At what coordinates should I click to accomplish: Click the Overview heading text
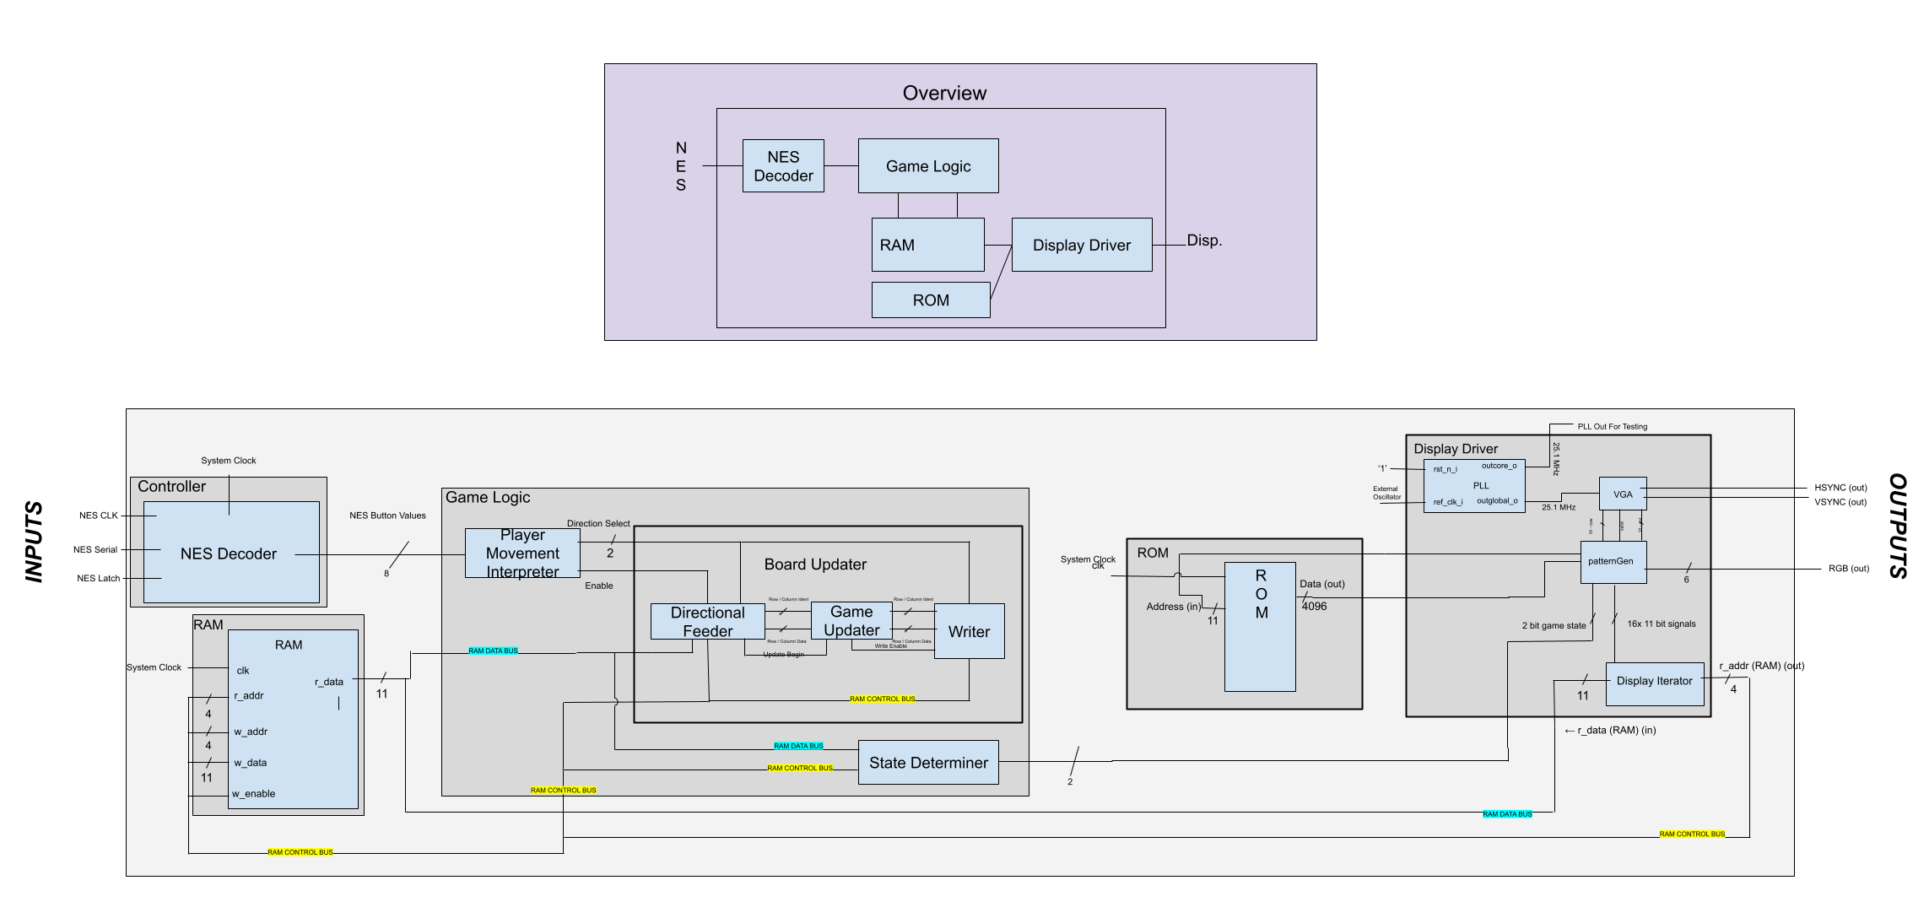[x=944, y=93]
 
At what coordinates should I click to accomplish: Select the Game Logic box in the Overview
[x=928, y=166]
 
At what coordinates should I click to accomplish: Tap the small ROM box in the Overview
[x=931, y=300]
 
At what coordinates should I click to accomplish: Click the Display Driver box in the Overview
[x=1082, y=246]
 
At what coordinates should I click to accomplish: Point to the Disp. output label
[x=1204, y=240]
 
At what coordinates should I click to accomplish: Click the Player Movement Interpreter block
[x=522, y=553]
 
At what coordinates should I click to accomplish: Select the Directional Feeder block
[x=707, y=622]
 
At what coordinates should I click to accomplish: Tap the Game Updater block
[x=851, y=621]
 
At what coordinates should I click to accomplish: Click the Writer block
[x=969, y=631]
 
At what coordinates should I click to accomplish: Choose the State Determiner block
[x=928, y=763]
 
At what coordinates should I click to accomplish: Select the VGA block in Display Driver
[x=1623, y=494]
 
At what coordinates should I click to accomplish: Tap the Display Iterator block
[x=1654, y=681]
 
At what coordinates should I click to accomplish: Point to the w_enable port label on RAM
[x=254, y=794]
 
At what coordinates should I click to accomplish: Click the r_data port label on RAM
[x=329, y=682]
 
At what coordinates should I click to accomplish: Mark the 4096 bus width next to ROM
[x=1314, y=606]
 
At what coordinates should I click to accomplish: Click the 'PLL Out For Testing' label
[x=1612, y=427]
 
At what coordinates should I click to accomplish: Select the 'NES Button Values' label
[x=387, y=516]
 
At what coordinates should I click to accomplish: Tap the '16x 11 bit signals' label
[x=1661, y=624]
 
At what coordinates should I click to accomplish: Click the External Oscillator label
[x=1386, y=493]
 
